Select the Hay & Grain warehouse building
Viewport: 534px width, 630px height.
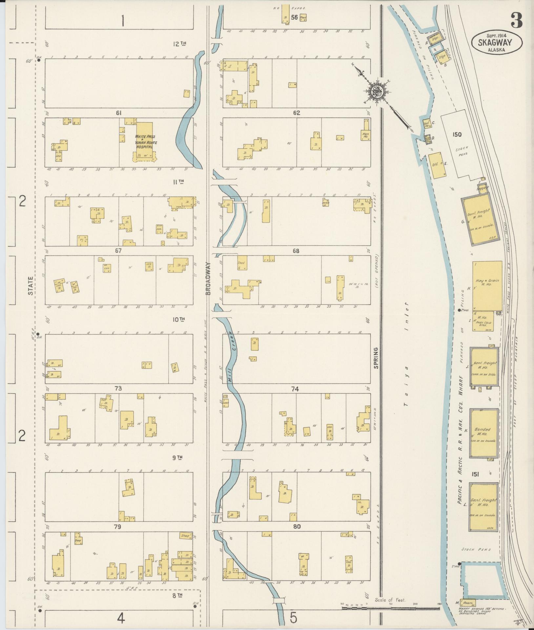point(487,285)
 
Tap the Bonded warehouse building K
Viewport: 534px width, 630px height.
point(483,433)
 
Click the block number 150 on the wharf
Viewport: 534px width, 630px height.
point(457,135)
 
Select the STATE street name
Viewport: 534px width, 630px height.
point(31,286)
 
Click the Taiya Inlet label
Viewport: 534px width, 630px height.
point(407,354)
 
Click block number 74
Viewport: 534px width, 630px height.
point(295,389)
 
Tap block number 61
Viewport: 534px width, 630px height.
point(119,113)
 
